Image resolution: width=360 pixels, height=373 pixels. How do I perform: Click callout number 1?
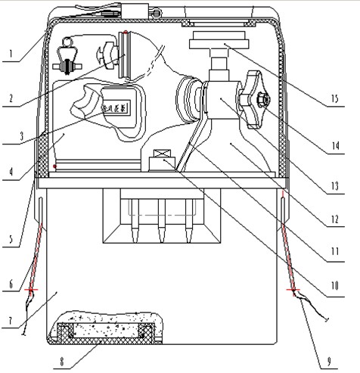coord(11,54)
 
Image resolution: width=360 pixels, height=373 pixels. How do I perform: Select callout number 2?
coord(11,98)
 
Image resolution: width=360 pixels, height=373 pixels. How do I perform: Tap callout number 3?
coord(21,136)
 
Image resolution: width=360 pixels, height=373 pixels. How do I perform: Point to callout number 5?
coord(11,239)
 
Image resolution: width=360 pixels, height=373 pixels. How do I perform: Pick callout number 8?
coord(62,362)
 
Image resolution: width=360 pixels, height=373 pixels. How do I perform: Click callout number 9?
coord(329,362)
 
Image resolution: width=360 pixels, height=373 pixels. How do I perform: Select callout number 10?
coord(335,285)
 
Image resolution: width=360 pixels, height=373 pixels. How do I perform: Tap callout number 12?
coord(335,219)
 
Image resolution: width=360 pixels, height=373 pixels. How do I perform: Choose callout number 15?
coord(335,98)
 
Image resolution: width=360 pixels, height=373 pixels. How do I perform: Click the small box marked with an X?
coord(162,154)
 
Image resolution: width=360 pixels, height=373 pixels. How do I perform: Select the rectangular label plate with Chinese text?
coord(116,108)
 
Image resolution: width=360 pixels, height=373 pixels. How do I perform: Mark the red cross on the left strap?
coord(31,290)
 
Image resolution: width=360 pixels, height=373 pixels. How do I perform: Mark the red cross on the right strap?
coord(293,290)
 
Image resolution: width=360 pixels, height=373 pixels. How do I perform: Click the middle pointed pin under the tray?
coord(162,221)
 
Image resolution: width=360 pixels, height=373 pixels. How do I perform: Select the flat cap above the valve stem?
coord(219,40)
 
